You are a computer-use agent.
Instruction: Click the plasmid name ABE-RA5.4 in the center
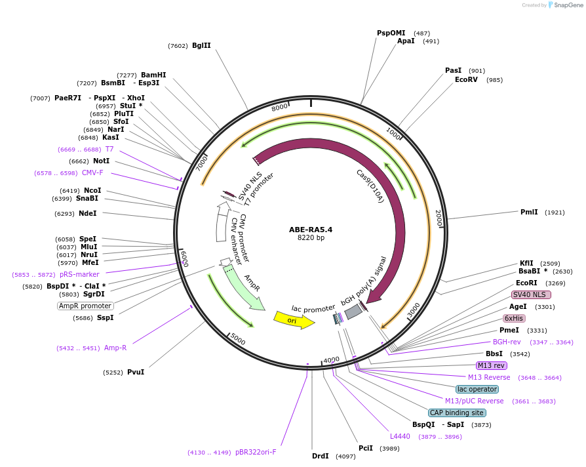(x=311, y=230)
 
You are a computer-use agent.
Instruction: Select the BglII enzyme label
(x=201, y=46)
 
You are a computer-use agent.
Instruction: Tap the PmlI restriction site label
(x=529, y=212)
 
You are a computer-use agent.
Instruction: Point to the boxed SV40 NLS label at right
(x=531, y=294)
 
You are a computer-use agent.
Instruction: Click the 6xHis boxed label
(x=514, y=318)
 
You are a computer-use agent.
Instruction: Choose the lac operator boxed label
(x=477, y=389)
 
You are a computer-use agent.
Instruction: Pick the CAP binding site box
(x=457, y=413)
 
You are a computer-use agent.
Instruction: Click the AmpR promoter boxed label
(x=85, y=306)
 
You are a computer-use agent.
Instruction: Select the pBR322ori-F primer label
(x=256, y=452)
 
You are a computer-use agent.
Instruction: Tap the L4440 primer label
(x=400, y=436)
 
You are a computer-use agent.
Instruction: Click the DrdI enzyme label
(x=321, y=456)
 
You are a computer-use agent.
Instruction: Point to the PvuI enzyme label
(x=136, y=372)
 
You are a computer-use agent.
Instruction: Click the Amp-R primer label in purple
(x=115, y=348)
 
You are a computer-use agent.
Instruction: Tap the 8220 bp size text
(x=311, y=237)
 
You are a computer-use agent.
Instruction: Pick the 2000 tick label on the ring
(x=439, y=218)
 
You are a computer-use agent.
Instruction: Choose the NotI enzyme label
(x=100, y=161)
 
